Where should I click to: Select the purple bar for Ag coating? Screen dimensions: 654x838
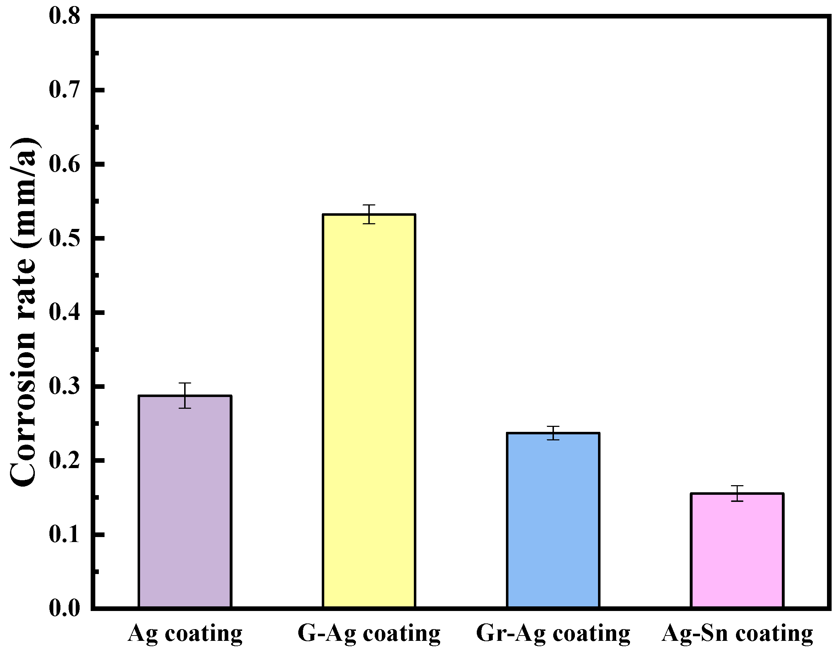185,503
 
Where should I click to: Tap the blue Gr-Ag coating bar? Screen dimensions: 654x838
553,522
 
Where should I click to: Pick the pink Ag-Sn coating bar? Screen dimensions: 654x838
737,552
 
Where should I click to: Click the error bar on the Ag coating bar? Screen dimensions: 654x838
185,396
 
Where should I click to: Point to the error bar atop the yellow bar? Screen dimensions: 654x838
369,214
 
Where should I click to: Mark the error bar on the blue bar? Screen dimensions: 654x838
553,433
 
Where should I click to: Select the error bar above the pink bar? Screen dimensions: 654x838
737,493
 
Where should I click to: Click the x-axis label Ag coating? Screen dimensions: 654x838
185,634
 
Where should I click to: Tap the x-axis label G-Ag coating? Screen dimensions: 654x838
369,634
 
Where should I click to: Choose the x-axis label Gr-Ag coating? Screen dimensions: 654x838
553,634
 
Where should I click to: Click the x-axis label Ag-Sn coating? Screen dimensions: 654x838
737,634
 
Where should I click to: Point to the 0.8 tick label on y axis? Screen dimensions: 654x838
64,16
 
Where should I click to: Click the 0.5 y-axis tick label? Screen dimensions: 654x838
64,238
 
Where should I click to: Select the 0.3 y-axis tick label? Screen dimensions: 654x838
64,386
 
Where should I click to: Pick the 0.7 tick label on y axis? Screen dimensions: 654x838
64,90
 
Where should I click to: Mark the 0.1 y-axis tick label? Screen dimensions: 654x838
64,534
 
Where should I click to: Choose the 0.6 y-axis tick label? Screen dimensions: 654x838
64,164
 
